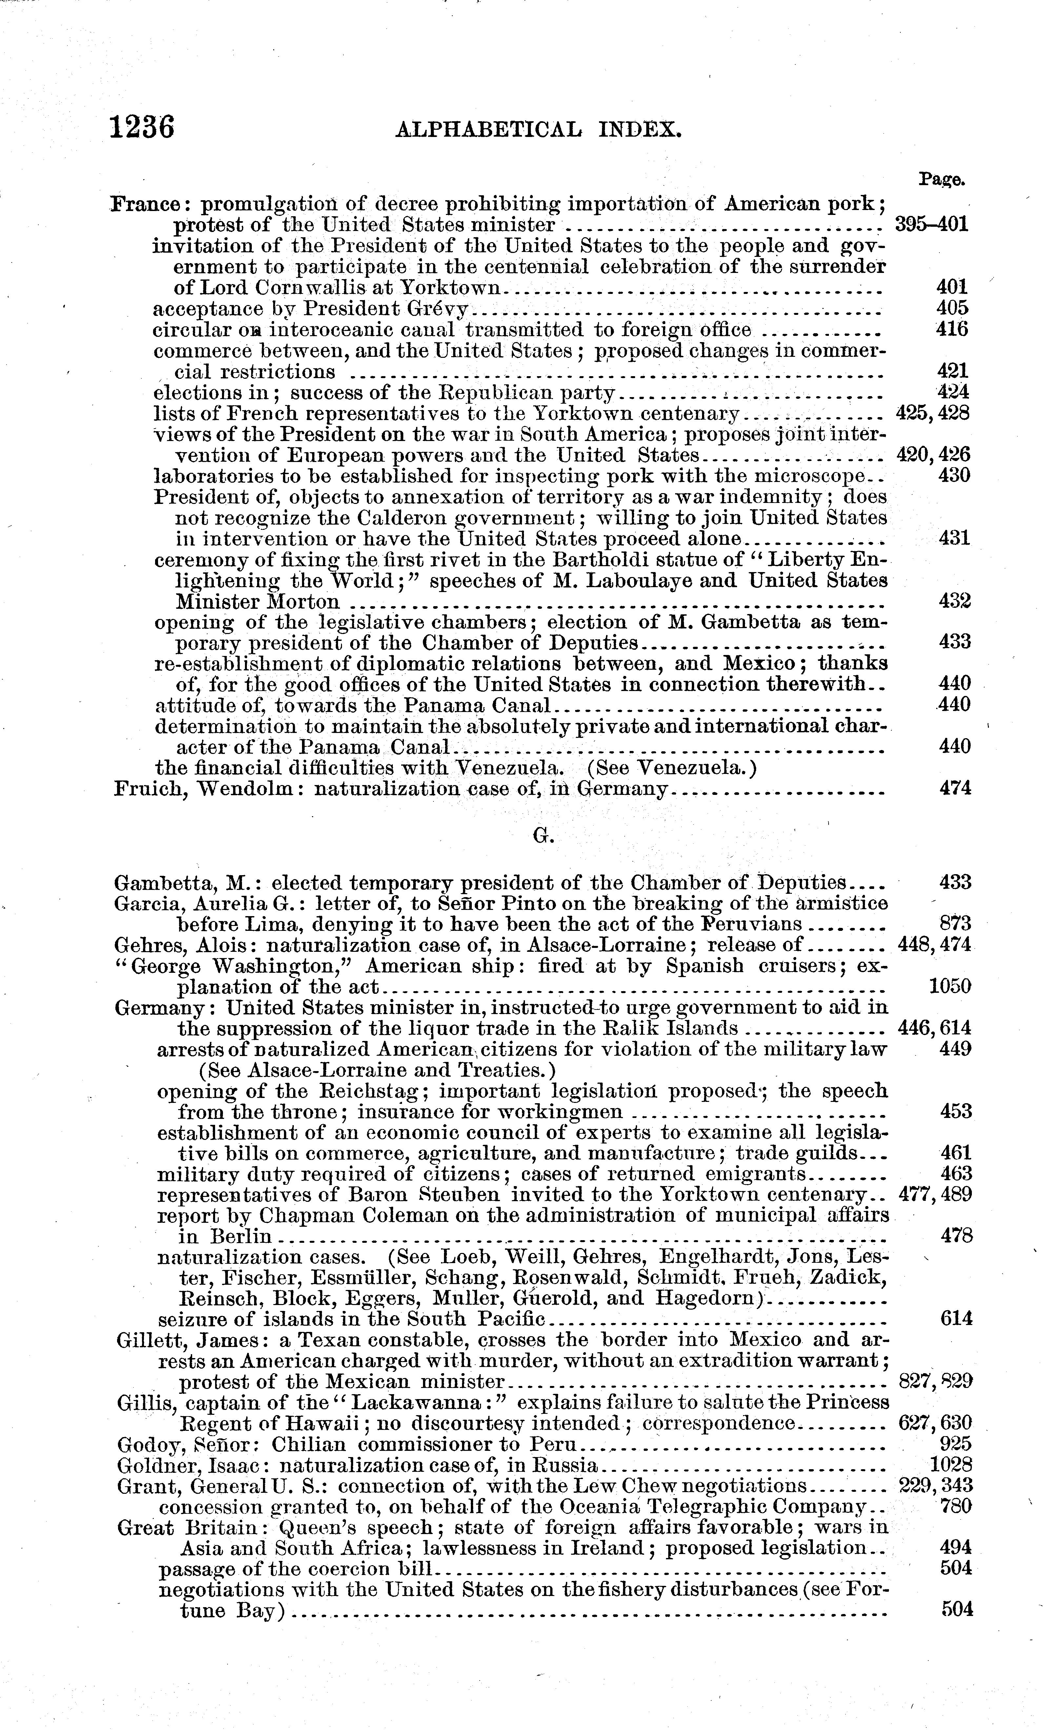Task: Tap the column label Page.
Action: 941,180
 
